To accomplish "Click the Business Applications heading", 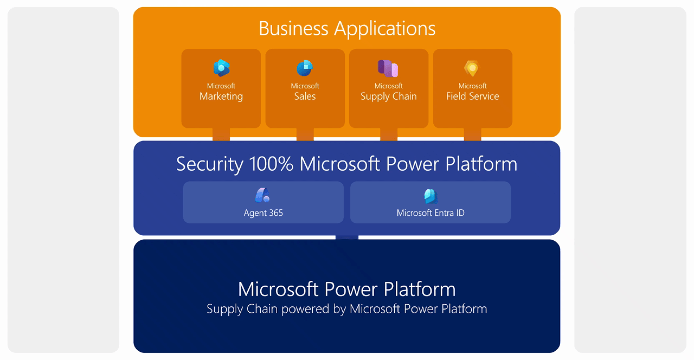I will point(347,29).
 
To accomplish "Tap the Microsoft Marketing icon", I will point(221,68).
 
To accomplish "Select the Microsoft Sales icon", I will point(305,68).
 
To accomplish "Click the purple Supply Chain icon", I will point(388,68).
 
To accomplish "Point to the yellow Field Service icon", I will point(472,68).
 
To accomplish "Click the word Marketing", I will point(221,97).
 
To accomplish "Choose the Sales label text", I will point(305,97).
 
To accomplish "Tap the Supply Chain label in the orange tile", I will point(389,97).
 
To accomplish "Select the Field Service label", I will point(472,97).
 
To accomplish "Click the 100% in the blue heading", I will point(271,164).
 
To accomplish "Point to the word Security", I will point(210,164).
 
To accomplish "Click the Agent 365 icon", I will point(263,195).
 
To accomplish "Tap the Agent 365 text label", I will point(263,213).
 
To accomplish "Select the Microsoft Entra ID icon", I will point(430,196).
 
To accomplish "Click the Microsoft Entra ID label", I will point(430,213).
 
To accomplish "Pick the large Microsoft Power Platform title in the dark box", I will point(347,289).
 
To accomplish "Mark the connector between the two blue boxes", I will point(347,237).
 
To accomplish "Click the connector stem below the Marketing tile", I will point(221,134).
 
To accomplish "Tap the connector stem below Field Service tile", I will point(472,134).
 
